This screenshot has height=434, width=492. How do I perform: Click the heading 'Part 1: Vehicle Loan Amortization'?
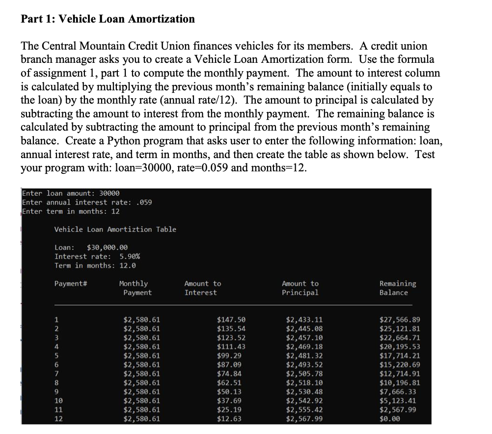pos(108,19)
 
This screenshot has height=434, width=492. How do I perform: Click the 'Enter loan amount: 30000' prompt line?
pos(71,193)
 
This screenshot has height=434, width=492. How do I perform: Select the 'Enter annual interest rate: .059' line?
pos(87,202)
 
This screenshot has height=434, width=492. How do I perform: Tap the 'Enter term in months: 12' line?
pos(71,211)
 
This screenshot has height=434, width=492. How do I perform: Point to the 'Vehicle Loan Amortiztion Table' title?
pos(115,229)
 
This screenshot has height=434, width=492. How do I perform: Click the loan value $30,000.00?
pos(107,247)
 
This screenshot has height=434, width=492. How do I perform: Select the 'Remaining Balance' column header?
pos(397,288)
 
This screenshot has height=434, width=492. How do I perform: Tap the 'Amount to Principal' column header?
pos(300,288)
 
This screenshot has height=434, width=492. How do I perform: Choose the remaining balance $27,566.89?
pos(400,320)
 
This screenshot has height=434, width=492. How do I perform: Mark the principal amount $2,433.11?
pos(304,320)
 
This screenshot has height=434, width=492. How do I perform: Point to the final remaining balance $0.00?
pos(390,419)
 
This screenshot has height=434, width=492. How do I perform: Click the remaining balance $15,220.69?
pos(400,365)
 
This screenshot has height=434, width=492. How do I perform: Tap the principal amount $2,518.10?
pos(304,383)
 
